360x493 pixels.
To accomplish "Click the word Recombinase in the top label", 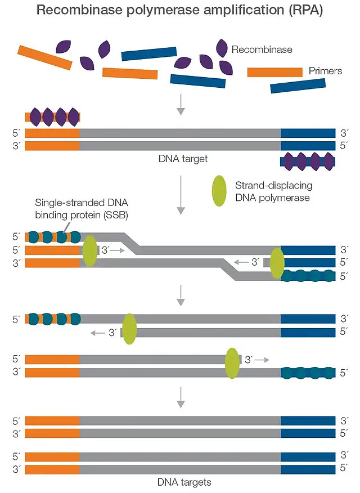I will (262, 50).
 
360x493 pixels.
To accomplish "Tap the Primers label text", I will (325, 71).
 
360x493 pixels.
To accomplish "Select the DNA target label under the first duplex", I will (183, 159).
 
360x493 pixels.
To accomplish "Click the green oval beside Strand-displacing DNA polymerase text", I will (219, 190).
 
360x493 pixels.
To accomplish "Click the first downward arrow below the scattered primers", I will (181, 104).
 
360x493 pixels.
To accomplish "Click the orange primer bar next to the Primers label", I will (274, 72).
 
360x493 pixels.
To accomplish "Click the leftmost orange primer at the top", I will (44, 57).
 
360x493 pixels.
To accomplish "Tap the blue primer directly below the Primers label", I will (298, 86).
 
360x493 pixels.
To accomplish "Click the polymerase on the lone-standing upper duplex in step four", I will (129, 329).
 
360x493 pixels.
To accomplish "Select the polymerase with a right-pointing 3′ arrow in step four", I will (232, 363).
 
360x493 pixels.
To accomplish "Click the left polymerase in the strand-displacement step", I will (90, 251).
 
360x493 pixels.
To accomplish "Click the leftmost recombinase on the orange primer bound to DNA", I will (35, 116).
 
